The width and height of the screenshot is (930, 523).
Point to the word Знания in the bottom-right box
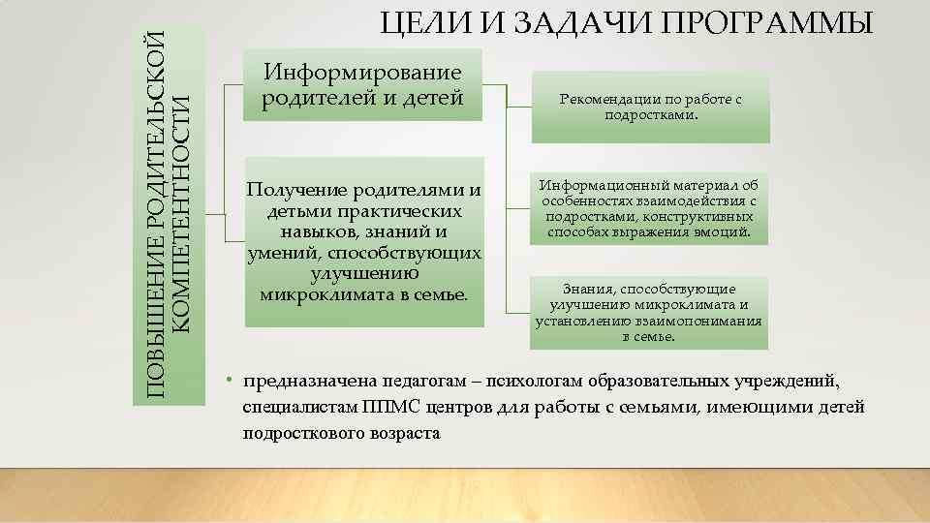(588, 289)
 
